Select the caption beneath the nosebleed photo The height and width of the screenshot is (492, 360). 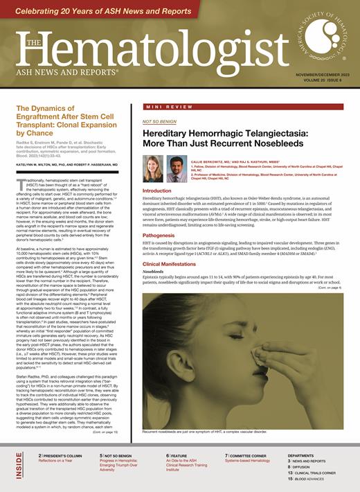(x=204, y=431)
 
